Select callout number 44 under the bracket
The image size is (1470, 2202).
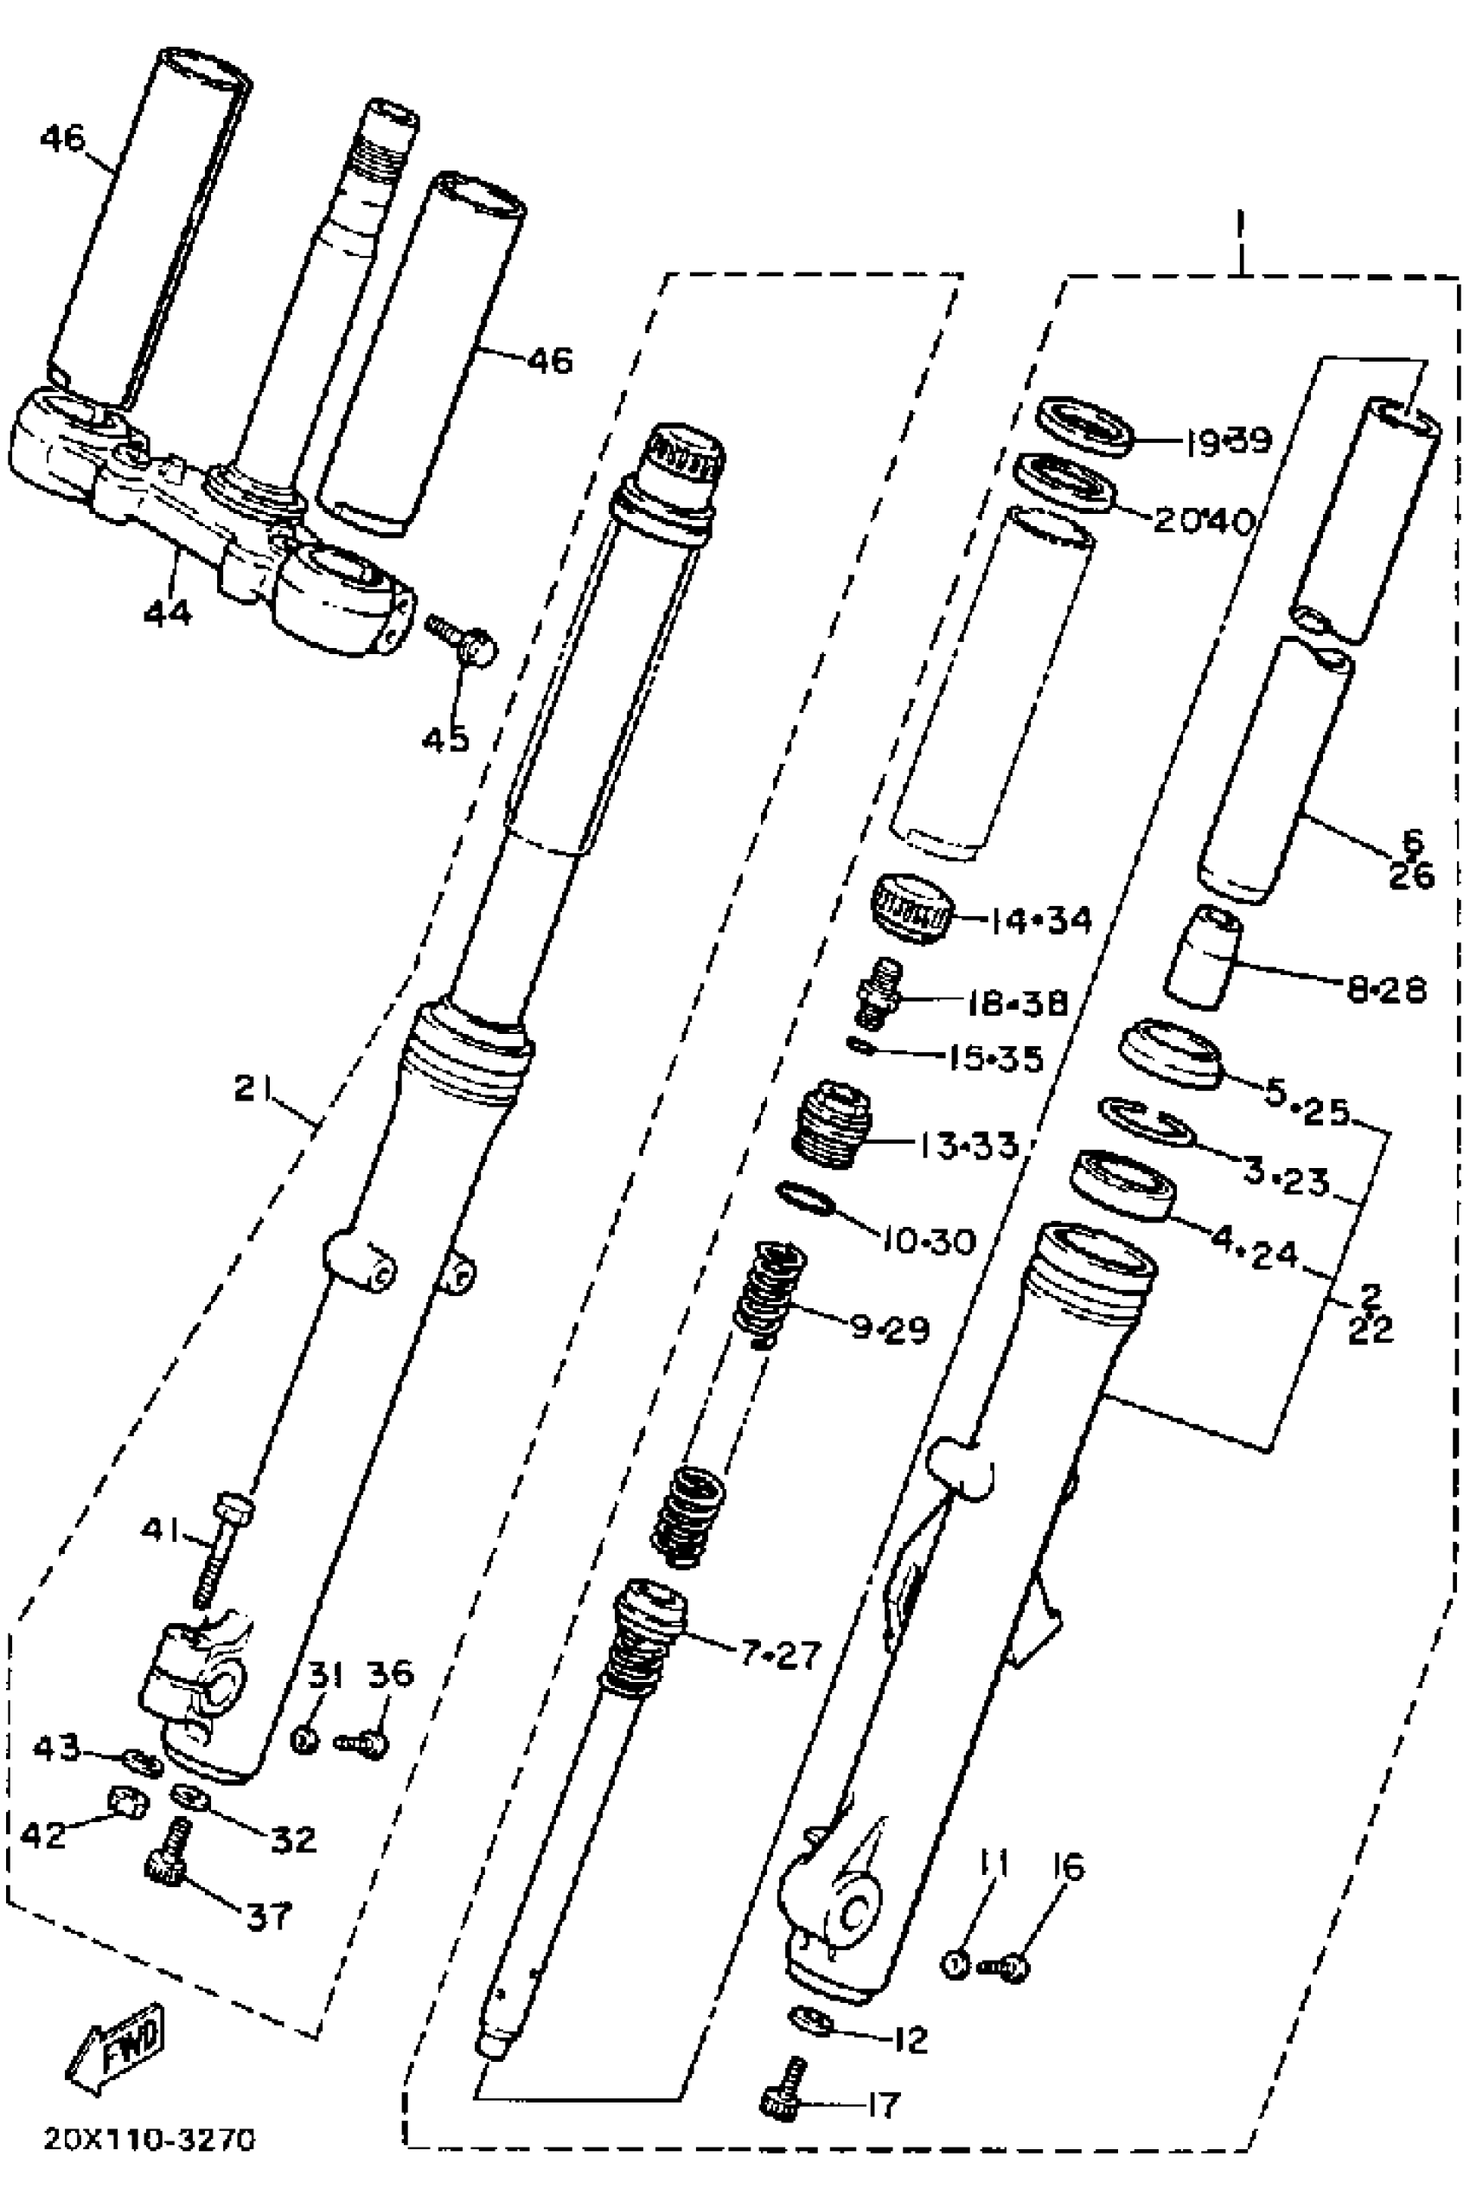coord(168,613)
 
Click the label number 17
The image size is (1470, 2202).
coord(883,2104)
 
